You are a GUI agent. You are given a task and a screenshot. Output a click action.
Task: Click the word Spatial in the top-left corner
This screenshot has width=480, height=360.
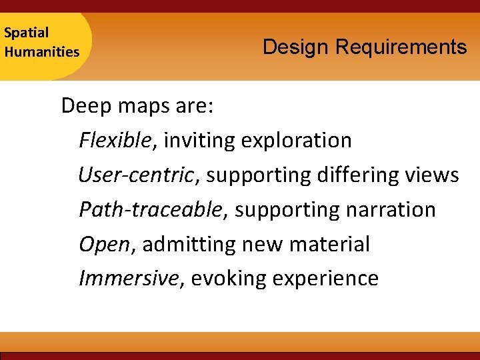click(26, 32)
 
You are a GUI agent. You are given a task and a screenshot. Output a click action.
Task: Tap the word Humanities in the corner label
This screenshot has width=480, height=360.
click(41, 51)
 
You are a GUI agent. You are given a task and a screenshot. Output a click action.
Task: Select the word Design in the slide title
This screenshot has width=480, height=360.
click(296, 47)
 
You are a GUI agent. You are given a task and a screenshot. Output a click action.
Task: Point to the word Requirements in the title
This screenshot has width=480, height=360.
click(401, 47)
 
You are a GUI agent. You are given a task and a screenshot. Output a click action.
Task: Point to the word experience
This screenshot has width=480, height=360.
click(325, 279)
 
